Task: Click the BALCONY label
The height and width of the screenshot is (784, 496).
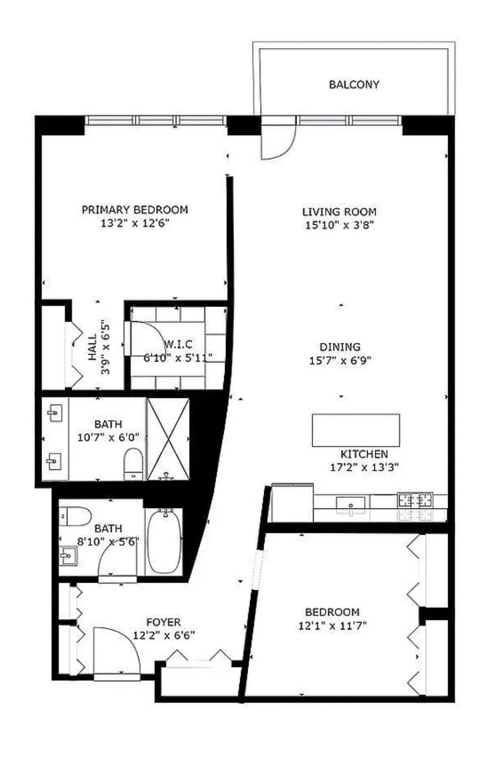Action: [354, 84]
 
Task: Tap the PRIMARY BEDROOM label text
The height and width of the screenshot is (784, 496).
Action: [135, 209]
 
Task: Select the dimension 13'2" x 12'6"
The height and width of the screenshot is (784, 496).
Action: [135, 223]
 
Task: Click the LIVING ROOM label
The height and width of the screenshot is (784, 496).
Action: [339, 211]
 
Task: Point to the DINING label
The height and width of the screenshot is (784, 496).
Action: [340, 347]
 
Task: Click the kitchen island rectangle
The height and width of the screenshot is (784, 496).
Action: [355, 430]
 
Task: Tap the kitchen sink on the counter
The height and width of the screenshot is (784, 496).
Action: [350, 503]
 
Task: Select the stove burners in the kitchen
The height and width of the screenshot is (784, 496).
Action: [415, 500]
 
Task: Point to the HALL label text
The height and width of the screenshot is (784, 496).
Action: [93, 347]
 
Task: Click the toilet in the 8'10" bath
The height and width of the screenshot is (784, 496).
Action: [76, 516]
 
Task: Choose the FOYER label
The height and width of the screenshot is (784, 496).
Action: [163, 622]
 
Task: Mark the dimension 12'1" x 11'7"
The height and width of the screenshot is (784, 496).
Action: [332, 626]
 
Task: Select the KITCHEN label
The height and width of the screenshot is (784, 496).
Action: [364, 454]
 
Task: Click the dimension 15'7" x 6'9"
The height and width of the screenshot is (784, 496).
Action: [340, 360]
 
